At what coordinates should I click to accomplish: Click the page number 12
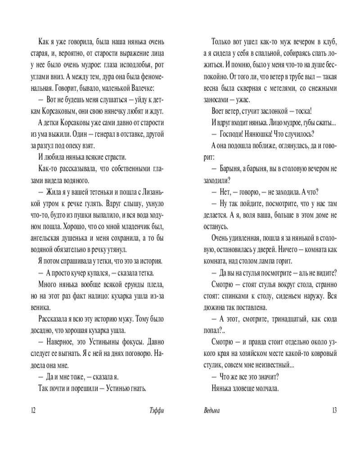[32, 410]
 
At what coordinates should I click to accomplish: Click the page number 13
[333, 410]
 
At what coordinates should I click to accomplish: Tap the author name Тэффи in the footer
[156, 410]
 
